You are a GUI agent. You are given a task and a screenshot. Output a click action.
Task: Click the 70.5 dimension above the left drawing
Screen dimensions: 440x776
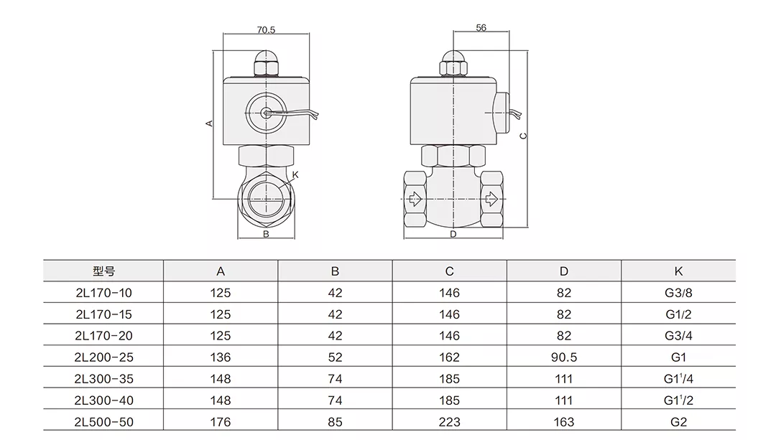266,29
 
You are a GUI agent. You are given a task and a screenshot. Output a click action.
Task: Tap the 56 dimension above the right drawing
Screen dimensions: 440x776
481,27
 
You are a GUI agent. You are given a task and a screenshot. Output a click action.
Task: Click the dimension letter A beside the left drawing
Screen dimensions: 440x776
209,123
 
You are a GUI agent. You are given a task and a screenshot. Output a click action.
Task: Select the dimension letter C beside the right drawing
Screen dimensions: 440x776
523,135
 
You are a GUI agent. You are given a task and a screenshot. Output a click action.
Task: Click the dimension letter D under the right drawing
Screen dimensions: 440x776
453,234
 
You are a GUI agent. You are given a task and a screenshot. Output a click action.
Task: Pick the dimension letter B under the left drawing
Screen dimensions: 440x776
265,234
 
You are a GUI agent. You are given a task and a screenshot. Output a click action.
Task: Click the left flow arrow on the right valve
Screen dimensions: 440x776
415,198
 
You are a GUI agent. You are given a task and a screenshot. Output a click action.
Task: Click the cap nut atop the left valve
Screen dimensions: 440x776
266,64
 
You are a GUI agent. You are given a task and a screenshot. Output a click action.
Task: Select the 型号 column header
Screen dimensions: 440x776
103,271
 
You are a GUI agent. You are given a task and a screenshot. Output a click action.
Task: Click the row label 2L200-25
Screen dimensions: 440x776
103,357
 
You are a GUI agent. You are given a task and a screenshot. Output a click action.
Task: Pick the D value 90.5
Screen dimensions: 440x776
564,357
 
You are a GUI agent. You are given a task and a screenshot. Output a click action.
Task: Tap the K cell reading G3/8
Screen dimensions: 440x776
678,293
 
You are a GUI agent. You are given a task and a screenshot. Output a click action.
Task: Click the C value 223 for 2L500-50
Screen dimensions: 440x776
449,421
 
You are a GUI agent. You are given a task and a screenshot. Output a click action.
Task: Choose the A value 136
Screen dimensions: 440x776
221,357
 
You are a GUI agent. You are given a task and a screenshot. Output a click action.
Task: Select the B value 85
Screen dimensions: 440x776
335,421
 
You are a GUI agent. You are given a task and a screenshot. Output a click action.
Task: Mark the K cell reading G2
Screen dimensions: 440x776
678,421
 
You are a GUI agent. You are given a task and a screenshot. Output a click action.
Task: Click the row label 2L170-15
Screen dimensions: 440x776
103,314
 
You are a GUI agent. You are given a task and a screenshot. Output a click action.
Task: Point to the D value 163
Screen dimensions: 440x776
564,421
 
